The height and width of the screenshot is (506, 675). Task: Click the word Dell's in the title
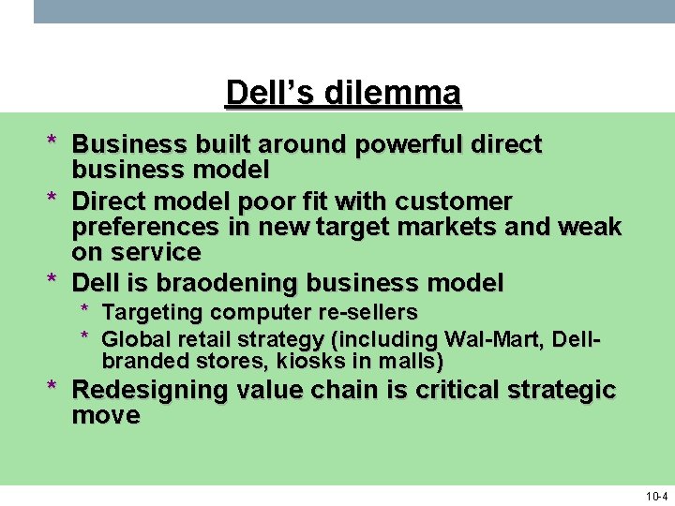[x=271, y=94]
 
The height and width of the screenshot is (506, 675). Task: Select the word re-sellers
[x=367, y=312]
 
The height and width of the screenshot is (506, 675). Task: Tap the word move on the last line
[x=106, y=415]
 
